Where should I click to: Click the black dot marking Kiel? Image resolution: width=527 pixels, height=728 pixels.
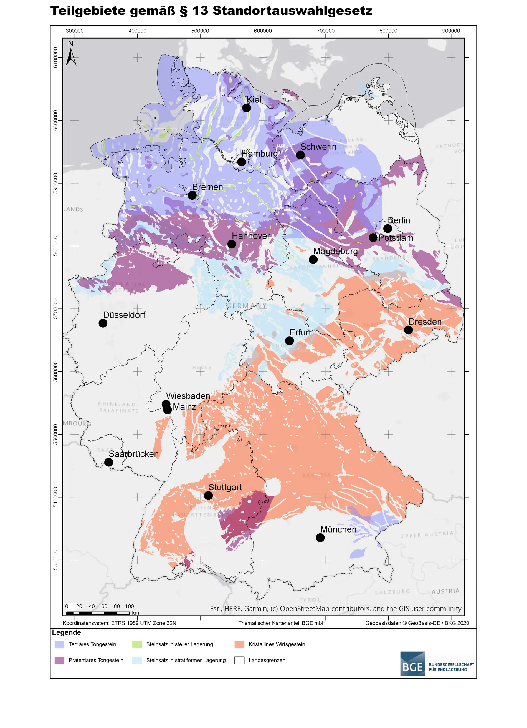246,108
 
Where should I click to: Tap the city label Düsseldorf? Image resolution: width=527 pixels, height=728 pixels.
124,315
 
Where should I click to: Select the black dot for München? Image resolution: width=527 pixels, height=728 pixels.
320,537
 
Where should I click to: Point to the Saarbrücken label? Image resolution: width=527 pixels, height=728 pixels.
133,454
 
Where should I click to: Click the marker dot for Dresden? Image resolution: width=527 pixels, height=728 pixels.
408,330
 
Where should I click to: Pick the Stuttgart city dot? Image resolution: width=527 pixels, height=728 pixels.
208,496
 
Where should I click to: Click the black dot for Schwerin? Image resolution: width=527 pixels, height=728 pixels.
300,155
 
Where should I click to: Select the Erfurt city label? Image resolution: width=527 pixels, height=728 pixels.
300,333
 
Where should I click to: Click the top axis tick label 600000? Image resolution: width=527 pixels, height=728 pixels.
263,31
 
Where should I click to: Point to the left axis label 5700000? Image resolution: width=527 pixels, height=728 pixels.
56,308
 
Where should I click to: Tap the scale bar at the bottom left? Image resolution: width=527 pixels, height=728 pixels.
98,613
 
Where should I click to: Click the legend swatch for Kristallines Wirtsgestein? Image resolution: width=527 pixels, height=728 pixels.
239,644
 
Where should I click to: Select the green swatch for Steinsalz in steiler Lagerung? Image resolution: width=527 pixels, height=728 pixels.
137,644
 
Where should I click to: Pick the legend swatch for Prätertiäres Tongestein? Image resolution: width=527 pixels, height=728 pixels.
59,660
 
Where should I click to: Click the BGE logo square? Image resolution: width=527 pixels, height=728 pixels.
412,664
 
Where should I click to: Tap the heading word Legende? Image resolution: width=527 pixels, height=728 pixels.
66,632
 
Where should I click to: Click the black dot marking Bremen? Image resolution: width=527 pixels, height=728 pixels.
192,195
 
